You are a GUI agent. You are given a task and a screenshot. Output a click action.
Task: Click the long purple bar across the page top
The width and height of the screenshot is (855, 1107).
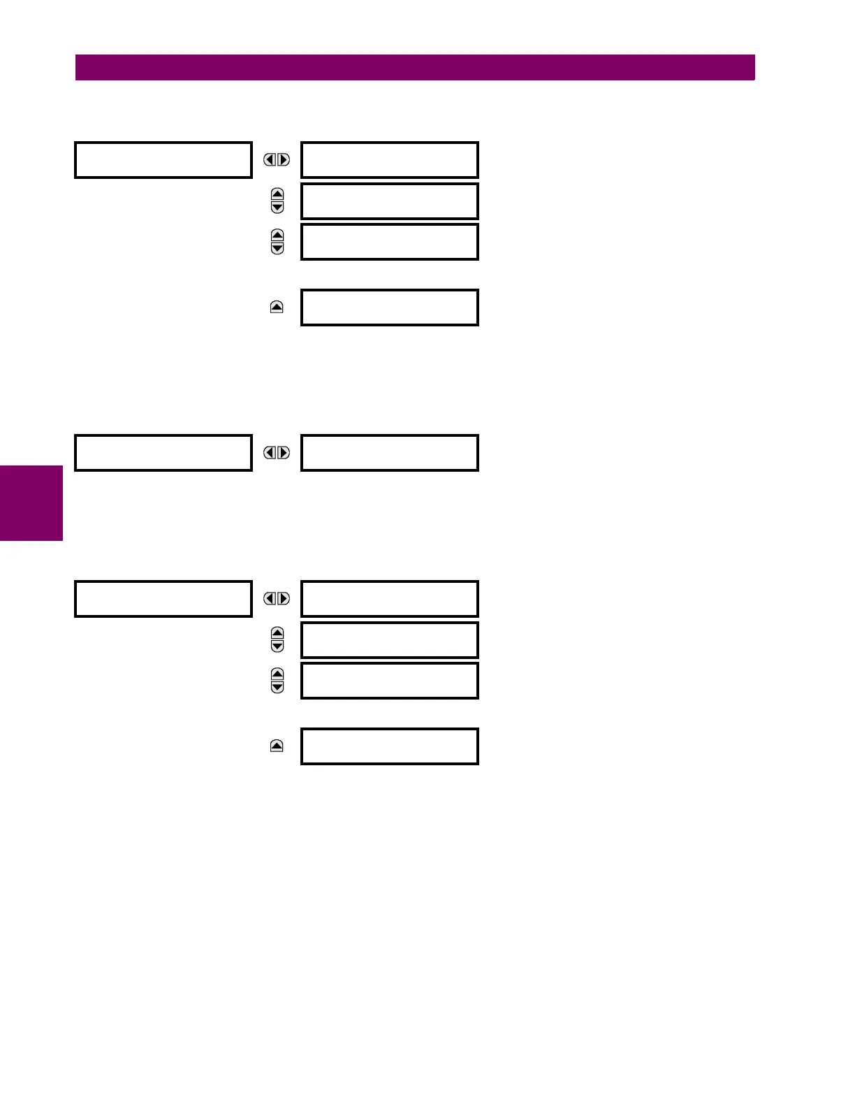click(x=415, y=67)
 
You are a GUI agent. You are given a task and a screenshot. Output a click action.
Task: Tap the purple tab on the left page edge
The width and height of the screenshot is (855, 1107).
click(x=31, y=503)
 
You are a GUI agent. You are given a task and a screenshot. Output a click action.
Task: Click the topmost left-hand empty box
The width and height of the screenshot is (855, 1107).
click(x=163, y=160)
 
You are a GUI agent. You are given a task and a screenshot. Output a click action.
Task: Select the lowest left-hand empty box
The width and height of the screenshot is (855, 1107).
click(x=163, y=599)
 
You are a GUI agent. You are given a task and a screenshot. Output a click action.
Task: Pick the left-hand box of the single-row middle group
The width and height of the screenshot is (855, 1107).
click(x=163, y=453)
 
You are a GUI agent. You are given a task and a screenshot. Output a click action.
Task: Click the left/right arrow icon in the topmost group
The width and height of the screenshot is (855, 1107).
click(x=277, y=160)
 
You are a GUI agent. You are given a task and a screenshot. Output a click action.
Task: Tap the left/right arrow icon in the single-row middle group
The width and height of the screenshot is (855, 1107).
click(x=277, y=453)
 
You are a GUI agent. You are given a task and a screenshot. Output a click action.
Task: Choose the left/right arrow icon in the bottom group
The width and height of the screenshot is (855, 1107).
click(x=277, y=599)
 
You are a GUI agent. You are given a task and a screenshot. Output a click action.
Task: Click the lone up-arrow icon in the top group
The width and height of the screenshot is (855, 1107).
click(x=277, y=307)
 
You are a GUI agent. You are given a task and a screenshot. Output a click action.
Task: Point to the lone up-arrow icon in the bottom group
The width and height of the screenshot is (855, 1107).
click(x=277, y=746)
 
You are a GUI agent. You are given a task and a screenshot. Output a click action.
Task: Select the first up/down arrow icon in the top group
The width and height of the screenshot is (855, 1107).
click(x=277, y=201)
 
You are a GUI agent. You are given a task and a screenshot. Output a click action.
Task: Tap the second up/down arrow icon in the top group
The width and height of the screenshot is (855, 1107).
click(x=277, y=242)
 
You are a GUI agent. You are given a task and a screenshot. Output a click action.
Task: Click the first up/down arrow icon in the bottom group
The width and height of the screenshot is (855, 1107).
click(x=277, y=639)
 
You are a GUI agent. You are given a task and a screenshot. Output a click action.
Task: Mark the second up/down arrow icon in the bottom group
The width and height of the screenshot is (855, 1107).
click(x=277, y=681)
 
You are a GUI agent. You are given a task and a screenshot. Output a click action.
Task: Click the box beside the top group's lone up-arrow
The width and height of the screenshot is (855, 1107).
click(x=389, y=307)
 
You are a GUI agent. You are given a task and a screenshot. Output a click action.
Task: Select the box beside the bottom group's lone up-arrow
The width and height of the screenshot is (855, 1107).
click(x=389, y=746)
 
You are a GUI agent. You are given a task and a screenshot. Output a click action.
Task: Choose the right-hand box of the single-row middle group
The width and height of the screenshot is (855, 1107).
click(x=389, y=453)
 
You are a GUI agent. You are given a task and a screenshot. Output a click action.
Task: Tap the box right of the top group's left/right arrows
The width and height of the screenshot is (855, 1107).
click(x=389, y=160)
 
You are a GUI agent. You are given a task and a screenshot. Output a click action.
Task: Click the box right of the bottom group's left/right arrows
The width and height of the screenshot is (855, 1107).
click(x=389, y=599)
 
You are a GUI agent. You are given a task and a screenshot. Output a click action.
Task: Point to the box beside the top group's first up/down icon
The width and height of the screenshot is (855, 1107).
click(x=389, y=201)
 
